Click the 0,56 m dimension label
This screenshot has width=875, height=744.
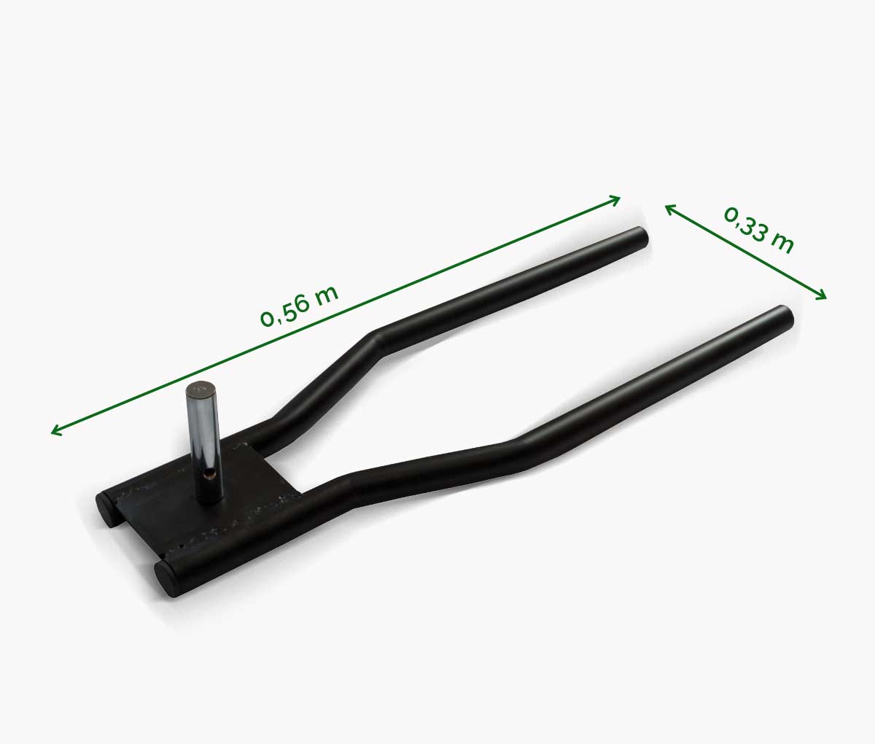point(299,306)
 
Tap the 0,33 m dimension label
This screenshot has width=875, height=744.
point(758,230)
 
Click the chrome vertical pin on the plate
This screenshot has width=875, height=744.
point(205,442)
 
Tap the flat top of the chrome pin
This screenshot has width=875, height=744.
point(198,388)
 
